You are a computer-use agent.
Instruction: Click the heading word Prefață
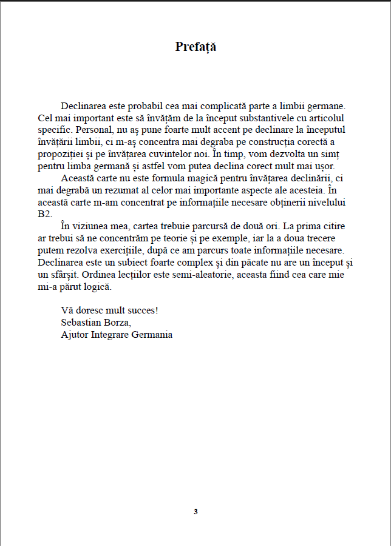pyautogui.click(x=195, y=47)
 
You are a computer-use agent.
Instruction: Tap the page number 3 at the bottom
pyautogui.click(x=195, y=511)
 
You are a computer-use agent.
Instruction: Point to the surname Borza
pyautogui.click(x=118, y=322)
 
